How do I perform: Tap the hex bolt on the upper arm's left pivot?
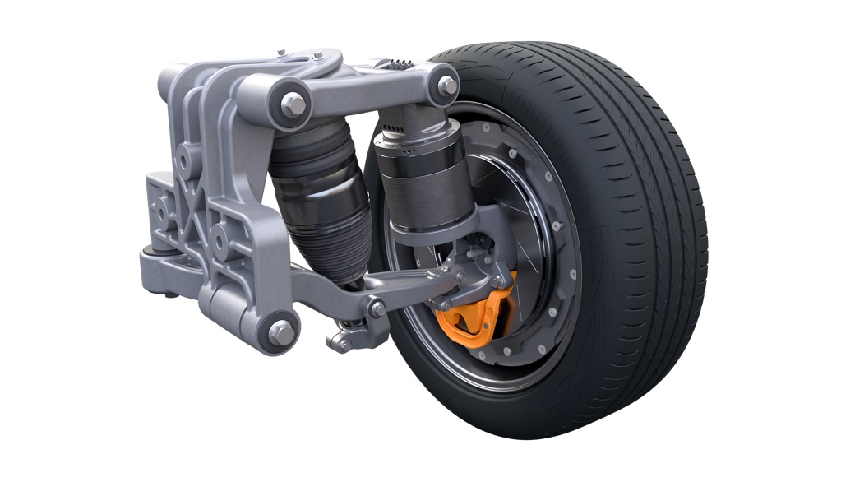pos(293,104)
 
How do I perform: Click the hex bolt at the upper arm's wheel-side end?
pos(447,85)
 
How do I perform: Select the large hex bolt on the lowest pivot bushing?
pos(282,331)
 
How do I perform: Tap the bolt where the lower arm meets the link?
pos(377,308)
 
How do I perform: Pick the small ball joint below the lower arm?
pos(342,343)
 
